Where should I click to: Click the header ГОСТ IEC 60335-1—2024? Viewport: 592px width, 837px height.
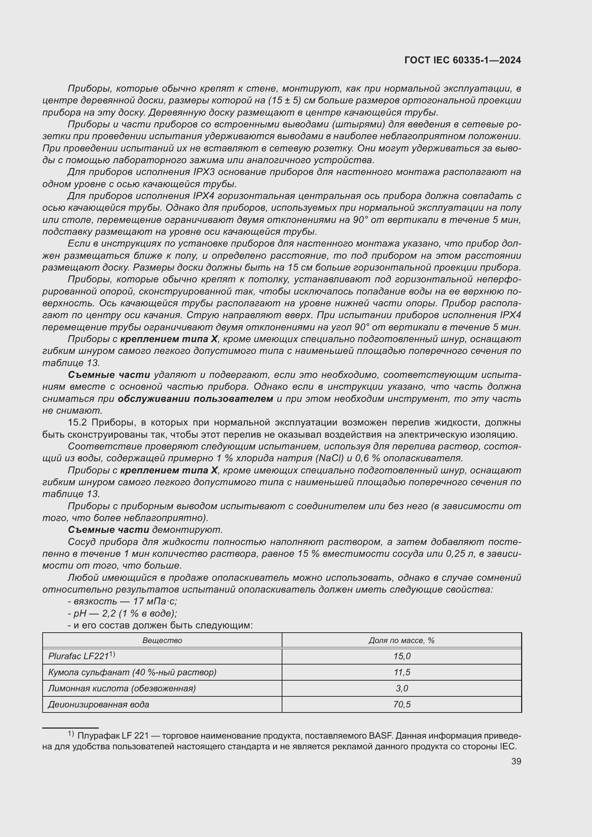pyautogui.click(x=462, y=60)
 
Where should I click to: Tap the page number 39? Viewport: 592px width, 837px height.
pyautogui.click(x=516, y=761)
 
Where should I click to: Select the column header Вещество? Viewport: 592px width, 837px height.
pyautogui.click(x=162, y=641)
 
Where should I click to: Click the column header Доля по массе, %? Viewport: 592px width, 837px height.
pyautogui.click(x=401, y=641)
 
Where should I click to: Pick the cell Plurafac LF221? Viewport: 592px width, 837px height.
pyautogui.click(x=81, y=656)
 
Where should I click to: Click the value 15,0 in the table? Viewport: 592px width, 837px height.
pyautogui.click(x=402, y=656)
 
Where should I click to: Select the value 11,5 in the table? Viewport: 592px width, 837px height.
pyautogui.click(x=402, y=672)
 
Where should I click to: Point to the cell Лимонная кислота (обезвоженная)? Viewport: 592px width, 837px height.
pyautogui.click(x=122, y=688)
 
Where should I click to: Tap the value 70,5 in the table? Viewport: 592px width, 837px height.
pyautogui.click(x=402, y=704)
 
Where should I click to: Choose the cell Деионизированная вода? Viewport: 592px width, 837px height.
pyautogui.click(x=98, y=704)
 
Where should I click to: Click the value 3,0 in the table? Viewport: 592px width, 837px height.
pyautogui.click(x=402, y=688)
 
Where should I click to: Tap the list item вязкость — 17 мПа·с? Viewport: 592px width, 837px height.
pyautogui.click(x=122, y=601)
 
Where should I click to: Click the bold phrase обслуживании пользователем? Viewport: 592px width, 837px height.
pyautogui.click(x=195, y=399)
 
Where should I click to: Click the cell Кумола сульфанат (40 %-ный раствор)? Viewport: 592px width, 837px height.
pyautogui.click(x=132, y=672)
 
